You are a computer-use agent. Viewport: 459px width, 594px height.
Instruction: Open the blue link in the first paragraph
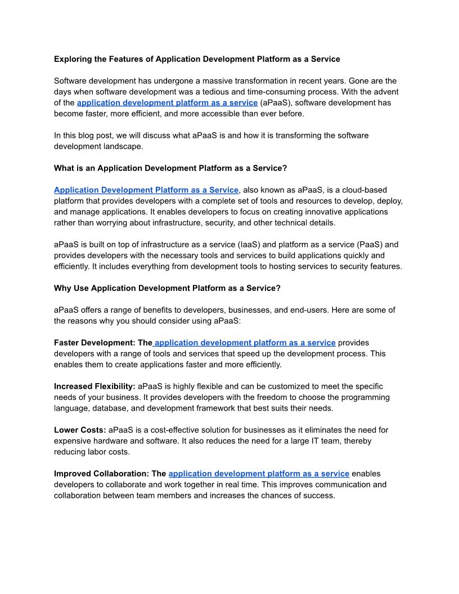click(x=167, y=103)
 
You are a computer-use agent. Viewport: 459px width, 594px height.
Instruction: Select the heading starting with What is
click(x=170, y=168)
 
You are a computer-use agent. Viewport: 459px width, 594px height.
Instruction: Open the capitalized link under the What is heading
click(x=146, y=190)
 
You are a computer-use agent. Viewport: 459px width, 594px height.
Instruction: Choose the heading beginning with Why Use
click(x=167, y=289)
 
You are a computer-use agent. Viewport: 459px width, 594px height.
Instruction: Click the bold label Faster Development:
click(x=103, y=343)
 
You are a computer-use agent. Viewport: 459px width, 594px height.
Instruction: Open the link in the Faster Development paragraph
click(x=245, y=343)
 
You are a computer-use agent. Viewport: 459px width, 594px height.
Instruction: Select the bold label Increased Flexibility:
click(x=94, y=386)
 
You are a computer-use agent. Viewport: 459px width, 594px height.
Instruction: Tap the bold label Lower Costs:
click(x=80, y=430)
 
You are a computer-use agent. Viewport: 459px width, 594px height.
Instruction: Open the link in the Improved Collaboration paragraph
click(x=259, y=474)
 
